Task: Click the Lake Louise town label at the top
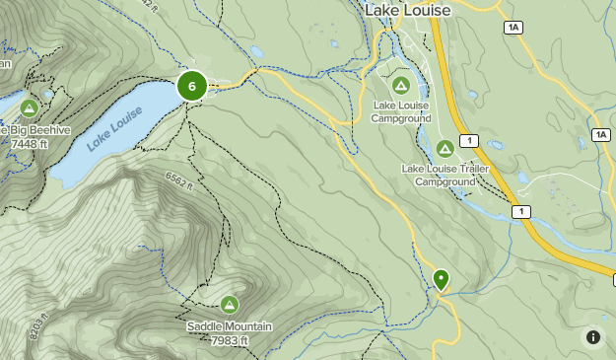[x=407, y=10]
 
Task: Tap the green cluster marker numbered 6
[x=191, y=86]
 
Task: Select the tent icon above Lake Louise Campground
[x=401, y=86]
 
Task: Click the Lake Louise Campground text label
[x=400, y=111]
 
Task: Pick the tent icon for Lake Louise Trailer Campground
[x=445, y=149]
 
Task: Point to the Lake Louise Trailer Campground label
[x=445, y=175]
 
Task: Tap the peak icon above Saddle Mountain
[x=230, y=305]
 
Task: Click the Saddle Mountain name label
[x=229, y=326]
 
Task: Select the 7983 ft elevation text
[x=229, y=341]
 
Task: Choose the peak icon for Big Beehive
[x=29, y=108]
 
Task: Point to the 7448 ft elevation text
[x=30, y=144]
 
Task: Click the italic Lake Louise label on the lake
[x=114, y=129]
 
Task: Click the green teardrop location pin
[x=441, y=280]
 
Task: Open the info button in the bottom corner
[x=593, y=337]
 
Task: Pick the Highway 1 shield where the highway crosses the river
[x=521, y=211]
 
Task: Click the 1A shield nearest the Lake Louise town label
[x=513, y=28]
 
